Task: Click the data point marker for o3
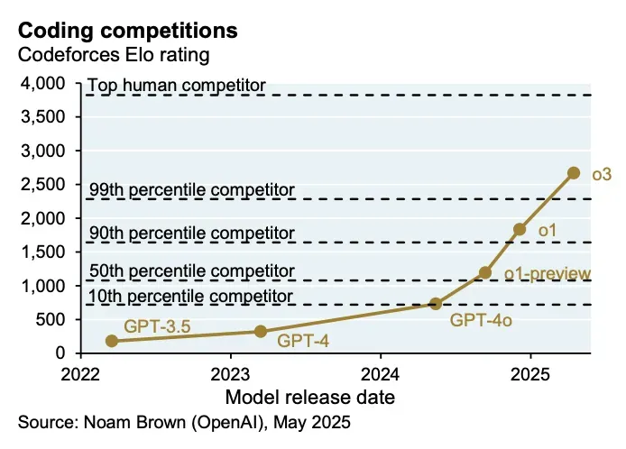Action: click(573, 173)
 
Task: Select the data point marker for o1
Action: click(520, 230)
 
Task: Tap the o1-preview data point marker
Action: click(485, 272)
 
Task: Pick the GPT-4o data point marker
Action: click(436, 304)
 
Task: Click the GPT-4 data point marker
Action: click(261, 331)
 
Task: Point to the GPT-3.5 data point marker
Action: click(112, 341)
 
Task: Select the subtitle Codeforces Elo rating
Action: click(114, 55)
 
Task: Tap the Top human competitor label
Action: click(177, 86)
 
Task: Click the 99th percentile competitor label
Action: click(192, 189)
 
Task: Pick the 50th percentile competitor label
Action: click(192, 270)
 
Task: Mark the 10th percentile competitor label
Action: click(190, 296)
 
